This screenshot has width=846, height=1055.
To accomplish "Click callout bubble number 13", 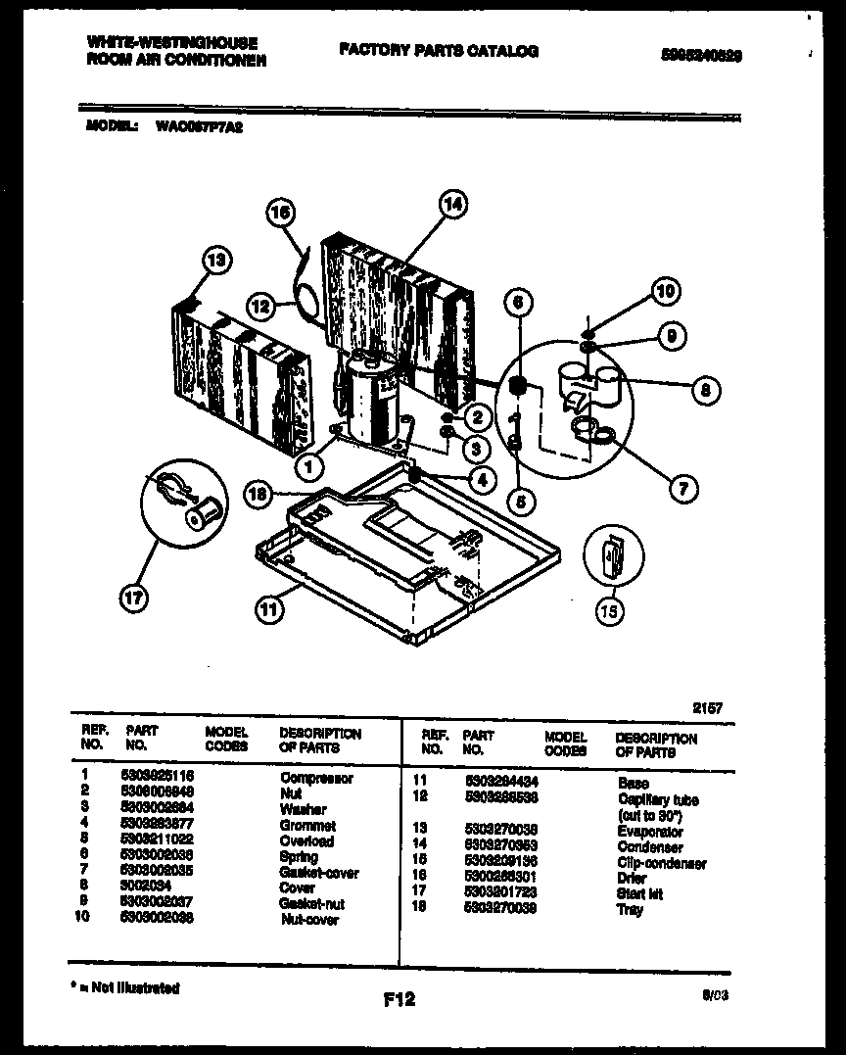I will click(x=216, y=261).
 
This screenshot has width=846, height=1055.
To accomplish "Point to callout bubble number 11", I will click(x=270, y=608).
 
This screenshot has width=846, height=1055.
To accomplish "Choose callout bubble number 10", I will click(x=665, y=291).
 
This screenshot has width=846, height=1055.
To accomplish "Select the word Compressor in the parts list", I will click(x=316, y=778).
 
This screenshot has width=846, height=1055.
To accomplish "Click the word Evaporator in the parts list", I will click(x=651, y=831).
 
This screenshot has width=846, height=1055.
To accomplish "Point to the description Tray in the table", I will click(x=630, y=910).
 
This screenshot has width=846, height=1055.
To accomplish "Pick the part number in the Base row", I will click(x=500, y=783).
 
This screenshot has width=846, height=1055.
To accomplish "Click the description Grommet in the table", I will click(x=307, y=826).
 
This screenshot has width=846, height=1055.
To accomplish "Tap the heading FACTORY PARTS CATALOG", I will click(x=439, y=51).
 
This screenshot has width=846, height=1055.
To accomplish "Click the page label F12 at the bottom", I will click(x=399, y=999).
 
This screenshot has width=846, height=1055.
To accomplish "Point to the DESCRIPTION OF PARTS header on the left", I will click(x=320, y=740).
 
